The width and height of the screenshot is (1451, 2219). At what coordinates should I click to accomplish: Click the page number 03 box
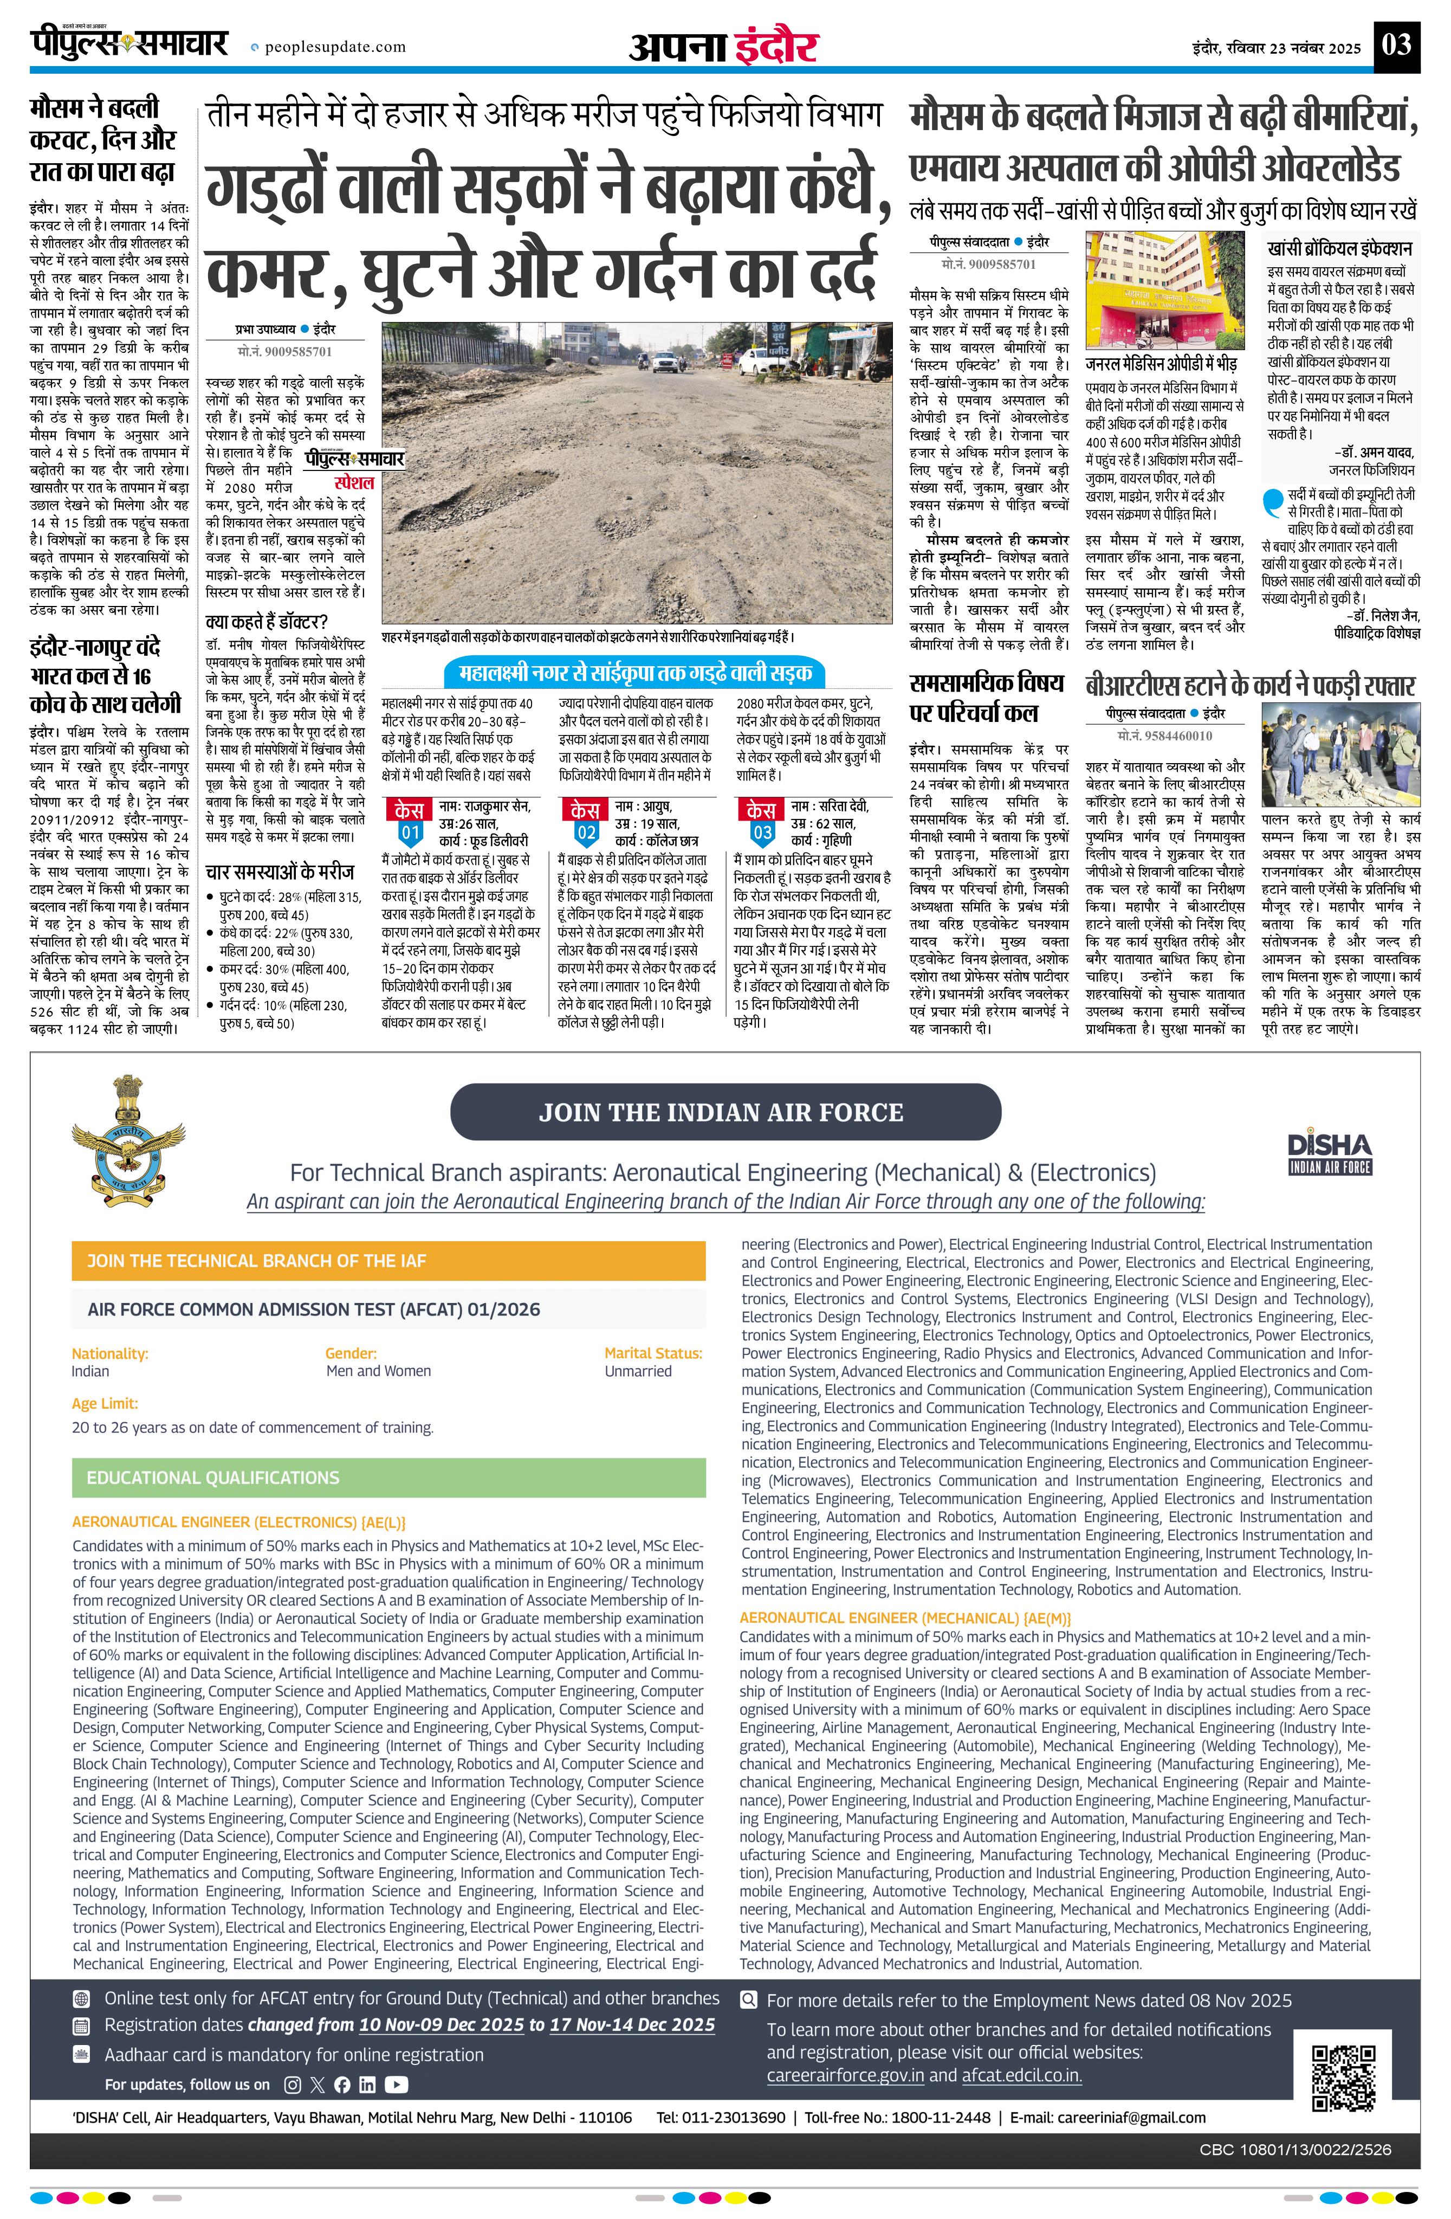(x=1397, y=45)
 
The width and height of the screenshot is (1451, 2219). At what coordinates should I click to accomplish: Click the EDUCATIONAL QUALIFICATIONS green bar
(x=388, y=1478)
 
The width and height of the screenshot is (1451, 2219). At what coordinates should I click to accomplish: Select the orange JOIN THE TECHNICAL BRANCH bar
(x=388, y=1261)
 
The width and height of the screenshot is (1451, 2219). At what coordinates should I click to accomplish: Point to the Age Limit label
(x=105, y=1403)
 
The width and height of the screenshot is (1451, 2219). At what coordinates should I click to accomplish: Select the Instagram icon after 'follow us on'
(x=293, y=2084)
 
